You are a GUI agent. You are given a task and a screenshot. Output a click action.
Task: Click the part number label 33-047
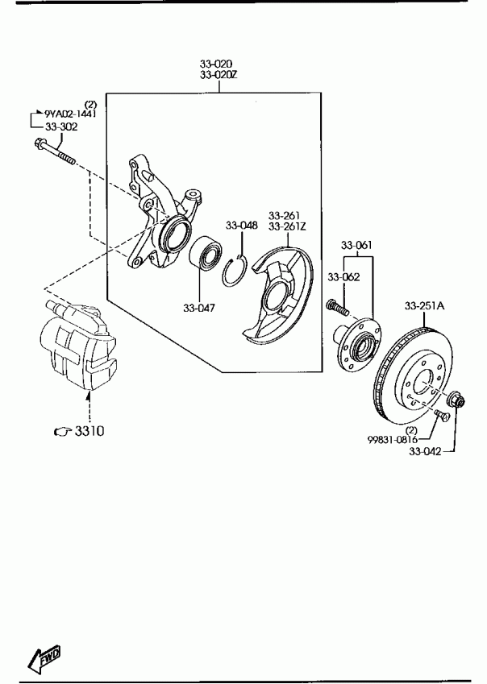pos(199,308)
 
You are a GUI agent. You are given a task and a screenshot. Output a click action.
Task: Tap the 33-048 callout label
pos(242,225)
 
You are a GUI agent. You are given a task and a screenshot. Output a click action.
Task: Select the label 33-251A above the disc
pos(425,306)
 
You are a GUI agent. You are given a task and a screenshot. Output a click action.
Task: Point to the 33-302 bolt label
pos(61,127)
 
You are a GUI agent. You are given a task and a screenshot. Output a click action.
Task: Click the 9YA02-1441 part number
pos(70,114)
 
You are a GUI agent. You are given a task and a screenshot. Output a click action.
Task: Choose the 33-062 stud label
pos(343,276)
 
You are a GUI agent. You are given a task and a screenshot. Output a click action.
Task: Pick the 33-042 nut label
pos(425,451)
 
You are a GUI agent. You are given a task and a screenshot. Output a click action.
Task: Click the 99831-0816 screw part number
pos(393,440)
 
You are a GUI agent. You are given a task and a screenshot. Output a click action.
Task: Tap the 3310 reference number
pos(89,431)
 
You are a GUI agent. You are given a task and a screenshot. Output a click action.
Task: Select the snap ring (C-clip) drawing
pos(234,271)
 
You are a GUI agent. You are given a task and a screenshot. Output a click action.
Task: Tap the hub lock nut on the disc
pos(457,399)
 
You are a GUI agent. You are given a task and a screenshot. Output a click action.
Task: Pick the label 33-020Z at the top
pos(219,75)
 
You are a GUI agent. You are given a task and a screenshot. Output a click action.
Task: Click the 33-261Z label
pos(287,226)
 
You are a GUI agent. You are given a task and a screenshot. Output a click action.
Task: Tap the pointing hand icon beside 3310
pos(63,431)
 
